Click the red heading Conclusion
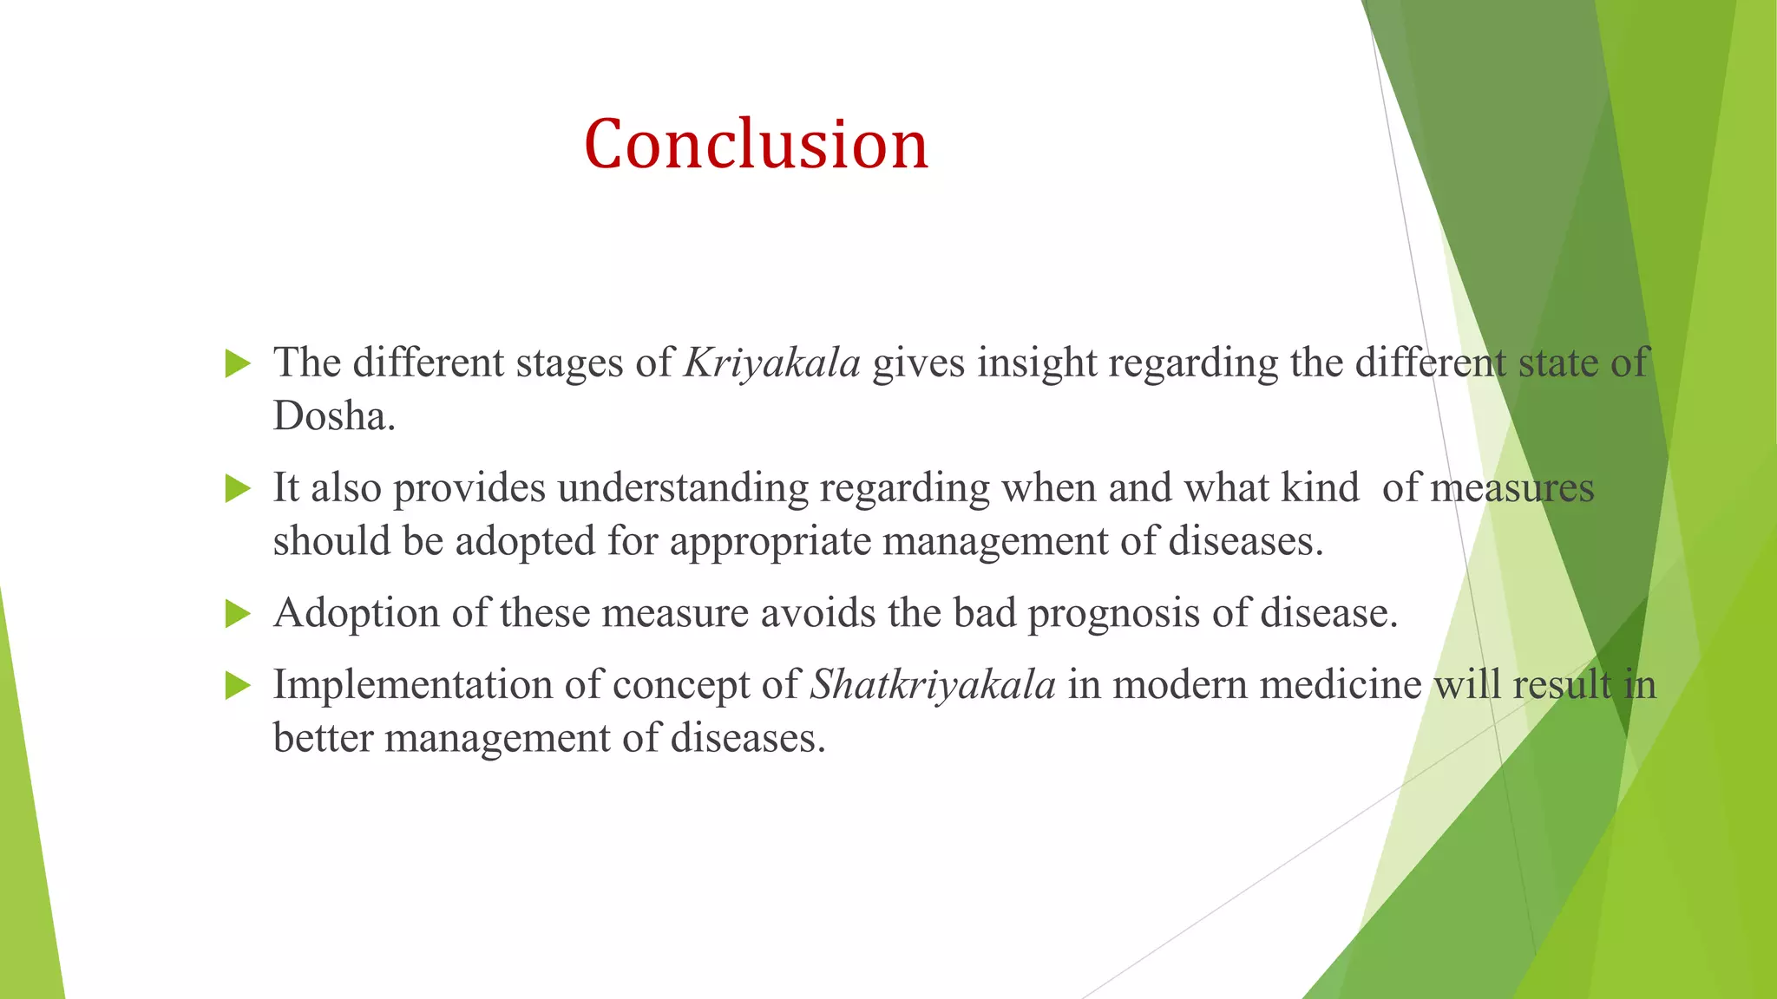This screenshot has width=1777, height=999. tap(756, 144)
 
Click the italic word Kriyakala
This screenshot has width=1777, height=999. tap(771, 363)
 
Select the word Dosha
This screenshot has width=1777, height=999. tap(333, 417)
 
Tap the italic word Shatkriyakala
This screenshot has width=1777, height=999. tap(933, 685)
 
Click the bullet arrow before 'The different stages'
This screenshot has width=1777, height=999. tap(237, 363)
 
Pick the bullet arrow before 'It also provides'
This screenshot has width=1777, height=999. tap(237, 488)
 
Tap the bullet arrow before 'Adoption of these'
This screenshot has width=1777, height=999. tap(237, 614)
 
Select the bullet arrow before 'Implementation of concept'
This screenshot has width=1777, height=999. tap(237, 686)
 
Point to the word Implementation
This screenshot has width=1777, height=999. tap(412, 686)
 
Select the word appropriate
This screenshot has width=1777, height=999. tap(770, 542)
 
